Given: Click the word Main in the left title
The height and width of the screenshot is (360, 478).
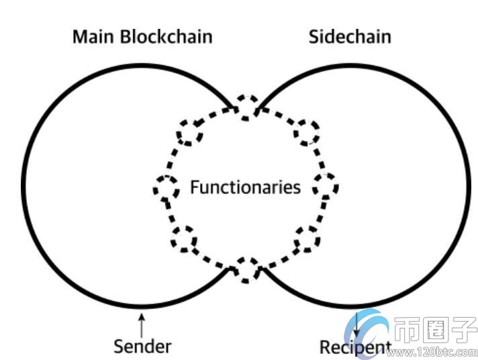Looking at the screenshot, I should click(x=93, y=36).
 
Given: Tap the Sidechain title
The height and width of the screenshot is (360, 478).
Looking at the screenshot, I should click(x=349, y=36).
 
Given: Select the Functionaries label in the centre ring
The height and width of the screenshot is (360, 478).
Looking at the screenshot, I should click(x=245, y=186).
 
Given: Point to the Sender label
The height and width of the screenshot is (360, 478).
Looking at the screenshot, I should click(x=142, y=347).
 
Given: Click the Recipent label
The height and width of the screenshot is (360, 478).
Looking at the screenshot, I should click(x=354, y=348).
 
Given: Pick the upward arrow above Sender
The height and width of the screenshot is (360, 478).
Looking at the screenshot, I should click(x=141, y=325).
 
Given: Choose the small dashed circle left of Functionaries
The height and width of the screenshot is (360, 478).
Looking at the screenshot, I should click(x=166, y=187).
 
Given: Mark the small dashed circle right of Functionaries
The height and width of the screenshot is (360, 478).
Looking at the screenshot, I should click(x=327, y=186).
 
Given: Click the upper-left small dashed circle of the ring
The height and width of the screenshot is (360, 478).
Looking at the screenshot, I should click(x=189, y=132).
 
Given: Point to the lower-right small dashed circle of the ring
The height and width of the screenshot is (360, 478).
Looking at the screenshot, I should click(x=307, y=238).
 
